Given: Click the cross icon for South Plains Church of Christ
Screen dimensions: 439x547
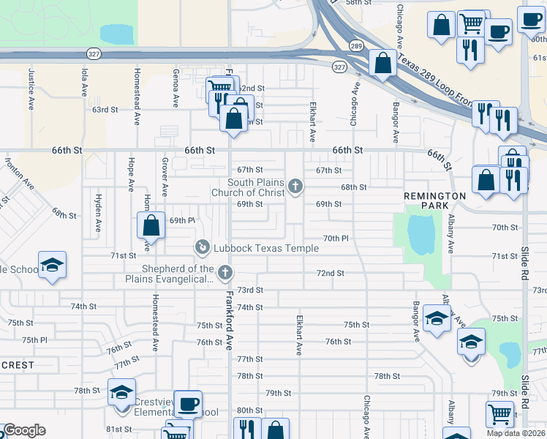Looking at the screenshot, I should [x=295, y=187].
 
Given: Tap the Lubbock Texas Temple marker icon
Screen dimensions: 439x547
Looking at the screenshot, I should [x=202, y=248].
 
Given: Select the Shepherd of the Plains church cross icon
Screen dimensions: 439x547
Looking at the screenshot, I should [x=225, y=273].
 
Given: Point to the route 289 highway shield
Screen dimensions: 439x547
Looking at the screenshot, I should [x=356, y=45].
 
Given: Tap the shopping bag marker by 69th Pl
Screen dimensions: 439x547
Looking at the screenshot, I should [x=151, y=225].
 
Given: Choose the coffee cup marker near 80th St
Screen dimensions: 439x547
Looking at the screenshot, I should [x=188, y=404].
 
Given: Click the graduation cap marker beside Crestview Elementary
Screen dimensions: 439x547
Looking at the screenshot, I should [x=122, y=392].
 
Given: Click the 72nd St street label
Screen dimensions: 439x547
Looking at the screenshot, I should [x=330, y=273].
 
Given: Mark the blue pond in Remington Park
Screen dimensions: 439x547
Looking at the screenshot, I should [x=420, y=234].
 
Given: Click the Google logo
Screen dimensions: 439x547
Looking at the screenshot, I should [x=24, y=430].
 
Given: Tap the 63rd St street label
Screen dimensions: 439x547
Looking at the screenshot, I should [x=105, y=110].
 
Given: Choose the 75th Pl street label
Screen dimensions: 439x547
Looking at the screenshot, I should [x=34, y=340].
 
